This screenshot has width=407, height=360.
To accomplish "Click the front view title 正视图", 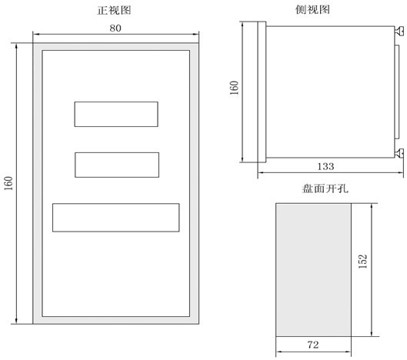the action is click(x=114, y=10).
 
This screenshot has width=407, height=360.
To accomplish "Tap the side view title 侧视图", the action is click(x=312, y=10).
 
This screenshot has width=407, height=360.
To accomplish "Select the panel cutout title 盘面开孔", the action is click(x=325, y=188).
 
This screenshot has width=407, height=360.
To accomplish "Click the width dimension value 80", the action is click(x=115, y=28).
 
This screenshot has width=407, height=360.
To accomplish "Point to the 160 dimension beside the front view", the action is click(x=8, y=183).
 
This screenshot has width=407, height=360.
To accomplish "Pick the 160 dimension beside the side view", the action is click(x=234, y=88).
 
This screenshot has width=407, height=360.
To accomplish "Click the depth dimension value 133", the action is click(x=325, y=166).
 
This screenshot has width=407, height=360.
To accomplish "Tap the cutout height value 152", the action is click(x=362, y=262).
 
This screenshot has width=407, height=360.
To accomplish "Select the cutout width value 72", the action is click(x=313, y=345).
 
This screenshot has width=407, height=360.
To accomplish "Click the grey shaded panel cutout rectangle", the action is click(x=314, y=270).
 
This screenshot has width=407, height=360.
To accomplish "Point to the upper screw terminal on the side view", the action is click(x=399, y=31).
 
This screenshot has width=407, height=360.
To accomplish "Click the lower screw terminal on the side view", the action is click(x=399, y=153).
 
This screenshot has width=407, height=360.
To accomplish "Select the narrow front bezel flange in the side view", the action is click(x=262, y=92).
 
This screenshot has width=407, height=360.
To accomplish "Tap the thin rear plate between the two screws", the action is click(x=397, y=92).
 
